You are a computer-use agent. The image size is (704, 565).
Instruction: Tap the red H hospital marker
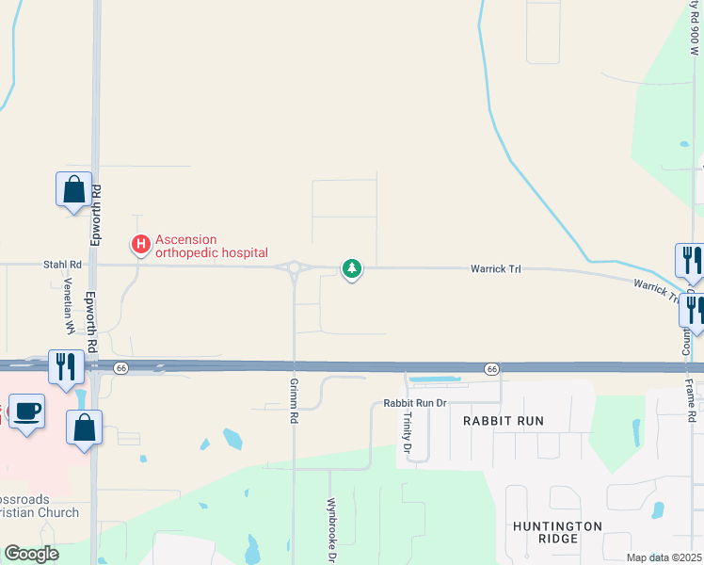click(x=140, y=246)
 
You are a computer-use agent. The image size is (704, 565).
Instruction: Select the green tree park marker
click(x=352, y=269)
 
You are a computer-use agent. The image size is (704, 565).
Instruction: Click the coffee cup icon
click(x=27, y=412)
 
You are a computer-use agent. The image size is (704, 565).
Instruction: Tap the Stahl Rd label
click(x=61, y=266)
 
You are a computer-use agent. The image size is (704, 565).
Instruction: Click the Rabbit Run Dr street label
click(x=413, y=403)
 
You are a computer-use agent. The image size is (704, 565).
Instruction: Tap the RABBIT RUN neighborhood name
click(x=504, y=421)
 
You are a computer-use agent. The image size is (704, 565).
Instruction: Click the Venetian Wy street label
click(x=69, y=306)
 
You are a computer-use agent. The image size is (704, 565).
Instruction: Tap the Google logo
click(x=31, y=554)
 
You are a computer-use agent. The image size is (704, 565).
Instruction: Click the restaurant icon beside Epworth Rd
click(x=65, y=366)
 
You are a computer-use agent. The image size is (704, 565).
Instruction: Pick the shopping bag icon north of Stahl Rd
click(x=74, y=190)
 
